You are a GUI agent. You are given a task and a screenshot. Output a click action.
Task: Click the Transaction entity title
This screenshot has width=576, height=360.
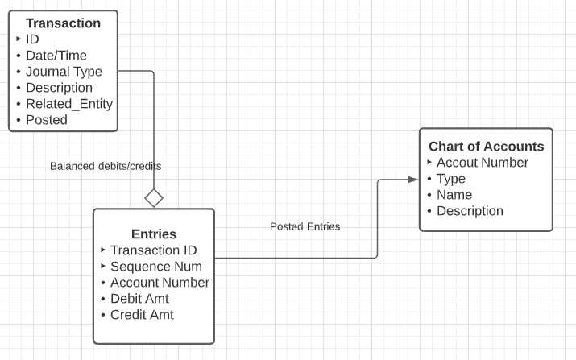coord(63,23)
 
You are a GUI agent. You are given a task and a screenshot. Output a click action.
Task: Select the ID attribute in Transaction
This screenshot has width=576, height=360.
coord(32,39)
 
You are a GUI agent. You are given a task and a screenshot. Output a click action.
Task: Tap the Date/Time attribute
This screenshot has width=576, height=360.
coord(56,56)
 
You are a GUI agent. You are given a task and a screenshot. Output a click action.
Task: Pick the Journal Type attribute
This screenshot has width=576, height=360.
coord(64,72)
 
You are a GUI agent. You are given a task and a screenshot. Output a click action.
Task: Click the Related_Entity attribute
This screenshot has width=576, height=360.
coord(68,104)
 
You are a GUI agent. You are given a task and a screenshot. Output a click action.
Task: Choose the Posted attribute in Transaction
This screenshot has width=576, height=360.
coord(46,120)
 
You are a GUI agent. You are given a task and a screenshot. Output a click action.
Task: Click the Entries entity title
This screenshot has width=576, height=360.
coord(153,234)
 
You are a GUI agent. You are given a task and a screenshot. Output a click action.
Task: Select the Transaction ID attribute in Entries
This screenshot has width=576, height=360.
coord(153,250)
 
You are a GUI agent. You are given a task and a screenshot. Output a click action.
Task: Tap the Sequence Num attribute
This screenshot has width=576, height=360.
coord(155,267)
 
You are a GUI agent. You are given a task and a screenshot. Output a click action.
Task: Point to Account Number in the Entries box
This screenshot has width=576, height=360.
coord(160,283)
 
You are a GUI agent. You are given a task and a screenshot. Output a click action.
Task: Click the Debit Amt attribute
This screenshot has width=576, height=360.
coord(139,299)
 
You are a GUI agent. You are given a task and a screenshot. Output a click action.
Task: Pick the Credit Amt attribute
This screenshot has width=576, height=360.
coord(142,315)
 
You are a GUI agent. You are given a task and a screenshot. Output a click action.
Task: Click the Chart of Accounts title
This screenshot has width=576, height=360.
coord(486,147)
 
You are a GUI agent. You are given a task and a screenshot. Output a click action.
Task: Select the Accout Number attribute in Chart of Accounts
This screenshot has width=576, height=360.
coord(482,163)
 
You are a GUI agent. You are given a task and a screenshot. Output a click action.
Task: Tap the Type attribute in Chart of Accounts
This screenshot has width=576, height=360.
coord(450,179)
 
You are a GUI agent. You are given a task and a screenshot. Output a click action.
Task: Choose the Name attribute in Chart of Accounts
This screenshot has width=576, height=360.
coord(454,195)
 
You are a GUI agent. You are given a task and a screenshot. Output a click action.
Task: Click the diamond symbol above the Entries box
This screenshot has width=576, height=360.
coord(153,197)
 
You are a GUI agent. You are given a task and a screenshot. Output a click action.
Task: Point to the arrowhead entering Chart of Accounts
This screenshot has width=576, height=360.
coord(412,179)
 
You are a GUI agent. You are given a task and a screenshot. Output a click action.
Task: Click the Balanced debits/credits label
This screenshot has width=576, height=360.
coord(106,166)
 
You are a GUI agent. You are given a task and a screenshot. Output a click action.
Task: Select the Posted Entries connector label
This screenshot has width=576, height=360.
coord(305,227)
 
